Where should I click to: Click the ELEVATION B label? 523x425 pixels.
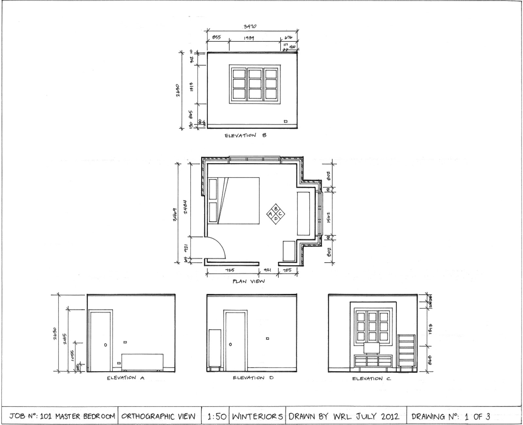pyautogui.click(x=245, y=135)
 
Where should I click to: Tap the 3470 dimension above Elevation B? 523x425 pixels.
pyautogui.click(x=250, y=26)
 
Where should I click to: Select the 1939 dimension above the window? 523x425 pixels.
pyautogui.click(x=249, y=38)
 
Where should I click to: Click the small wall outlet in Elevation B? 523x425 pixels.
pyautogui.click(x=286, y=122)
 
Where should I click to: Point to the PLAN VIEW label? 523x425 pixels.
pyautogui.click(x=249, y=281)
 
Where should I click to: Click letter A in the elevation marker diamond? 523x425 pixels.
pyautogui.click(x=270, y=214)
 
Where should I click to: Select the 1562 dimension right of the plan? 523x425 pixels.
pyautogui.click(x=329, y=217)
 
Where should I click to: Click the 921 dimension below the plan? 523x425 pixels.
pyautogui.click(x=268, y=270)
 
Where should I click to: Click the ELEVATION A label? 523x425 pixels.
pyautogui.click(x=126, y=378)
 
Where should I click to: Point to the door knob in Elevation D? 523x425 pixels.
pyautogui.click(x=230, y=345)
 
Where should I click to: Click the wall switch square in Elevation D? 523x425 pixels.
pyautogui.click(x=267, y=338)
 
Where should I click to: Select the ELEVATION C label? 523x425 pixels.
pyautogui.click(x=371, y=379)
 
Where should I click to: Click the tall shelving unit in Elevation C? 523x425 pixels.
pyautogui.click(x=406, y=351)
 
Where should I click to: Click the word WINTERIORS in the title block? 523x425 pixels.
pyautogui.click(x=257, y=416)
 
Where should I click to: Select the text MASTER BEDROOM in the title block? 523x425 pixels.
pyautogui.click(x=85, y=416)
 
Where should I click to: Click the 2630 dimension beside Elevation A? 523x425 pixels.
pyautogui.click(x=55, y=333)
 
